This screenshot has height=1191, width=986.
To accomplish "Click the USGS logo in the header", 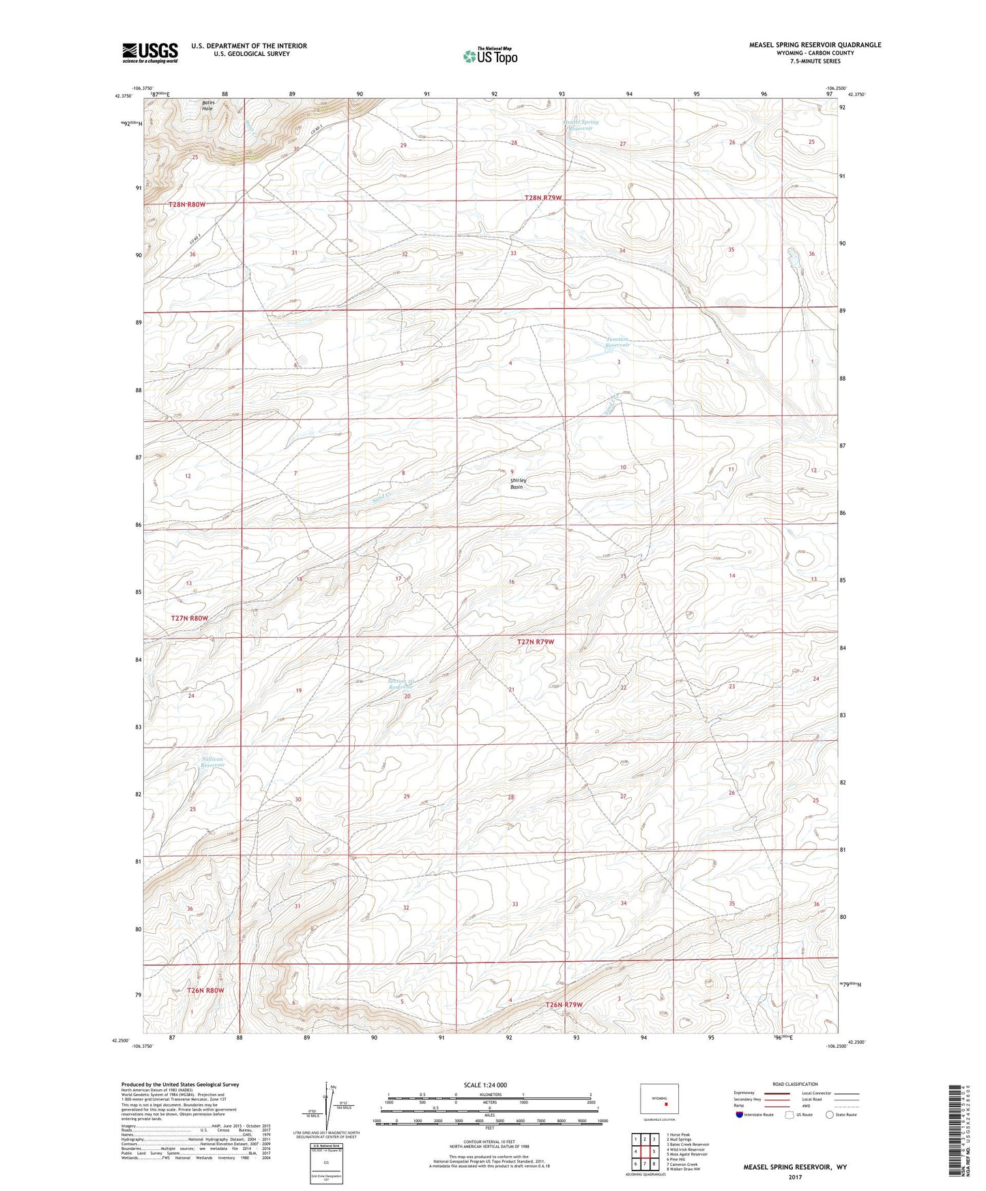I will point(150,52).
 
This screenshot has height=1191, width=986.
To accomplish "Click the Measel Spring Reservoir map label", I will point(581,125).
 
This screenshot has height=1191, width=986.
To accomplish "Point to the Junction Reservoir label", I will point(618,342).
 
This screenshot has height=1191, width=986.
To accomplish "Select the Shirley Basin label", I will point(519,484).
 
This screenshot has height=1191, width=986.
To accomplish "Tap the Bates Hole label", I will point(207,106).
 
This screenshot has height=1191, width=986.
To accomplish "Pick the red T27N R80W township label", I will point(190,618).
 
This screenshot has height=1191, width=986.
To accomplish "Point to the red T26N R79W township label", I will point(564,1004).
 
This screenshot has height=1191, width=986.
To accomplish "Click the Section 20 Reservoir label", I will point(401,683).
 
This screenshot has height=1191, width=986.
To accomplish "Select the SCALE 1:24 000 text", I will point(484,1085).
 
